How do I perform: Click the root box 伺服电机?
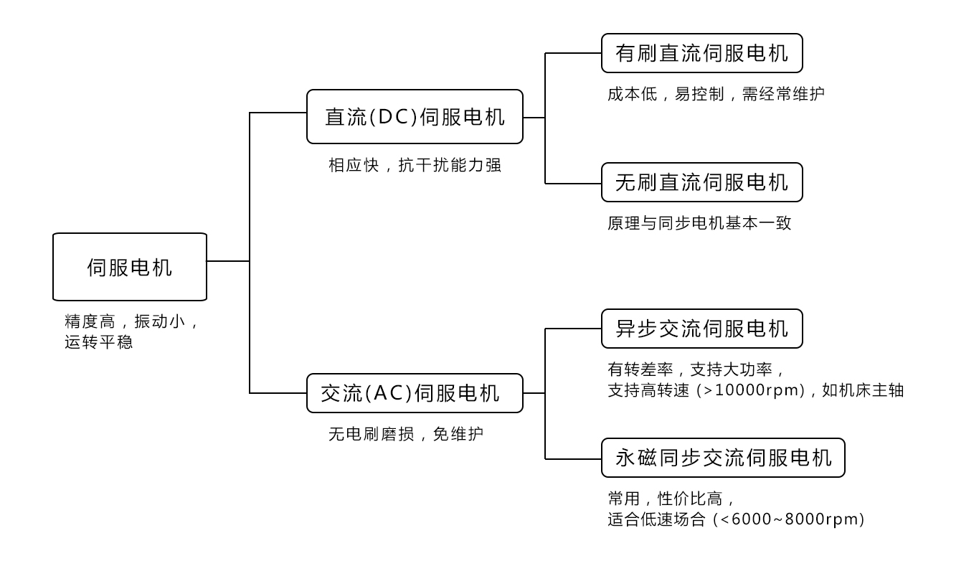[130, 267]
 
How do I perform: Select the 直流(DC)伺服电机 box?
[415, 117]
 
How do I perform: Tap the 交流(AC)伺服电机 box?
[415, 393]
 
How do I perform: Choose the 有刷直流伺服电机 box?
[701, 53]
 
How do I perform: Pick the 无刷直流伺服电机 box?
[701, 182]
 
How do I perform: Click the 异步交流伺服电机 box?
[701, 329]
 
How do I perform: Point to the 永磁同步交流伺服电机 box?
[723, 458]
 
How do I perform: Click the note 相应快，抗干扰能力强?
[415, 165]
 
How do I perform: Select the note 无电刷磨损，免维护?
[406, 434]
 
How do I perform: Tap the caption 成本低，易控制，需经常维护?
[716, 94]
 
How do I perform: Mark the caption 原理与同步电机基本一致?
[699, 223]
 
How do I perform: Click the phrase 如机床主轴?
[863, 391]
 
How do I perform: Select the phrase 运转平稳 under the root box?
[98, 342]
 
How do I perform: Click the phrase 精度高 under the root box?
[90, 321]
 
